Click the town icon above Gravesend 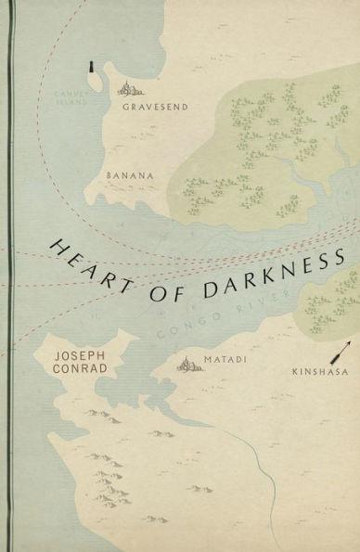128,89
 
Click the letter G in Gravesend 125,108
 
